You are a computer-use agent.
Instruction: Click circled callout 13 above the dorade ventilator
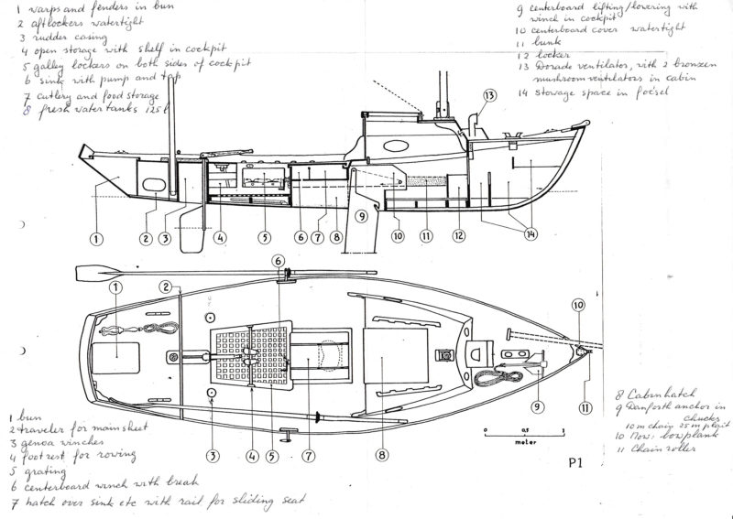[x=489, y=96]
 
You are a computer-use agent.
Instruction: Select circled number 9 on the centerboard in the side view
[x=360, y=216]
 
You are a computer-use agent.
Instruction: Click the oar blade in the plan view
[x=93, y=271]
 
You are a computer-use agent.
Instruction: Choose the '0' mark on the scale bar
[x=485, y=427]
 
